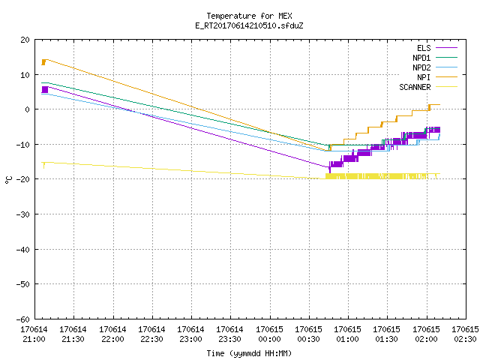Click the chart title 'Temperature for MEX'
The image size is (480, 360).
pos(249,16)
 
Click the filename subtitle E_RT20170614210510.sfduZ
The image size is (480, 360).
pos(249,25)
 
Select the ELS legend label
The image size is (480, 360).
pos(424,48)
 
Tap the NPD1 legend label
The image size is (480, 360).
pos(421,58)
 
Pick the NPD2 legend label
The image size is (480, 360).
pos(421,67)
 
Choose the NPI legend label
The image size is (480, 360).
pos(424,77)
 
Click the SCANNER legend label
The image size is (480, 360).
pos(415,87)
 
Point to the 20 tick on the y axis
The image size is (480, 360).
pos(25,40)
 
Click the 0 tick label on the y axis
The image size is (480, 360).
pos(28,109)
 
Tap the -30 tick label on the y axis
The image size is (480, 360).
pos(23,214)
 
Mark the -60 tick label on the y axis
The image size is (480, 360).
pos(23,319)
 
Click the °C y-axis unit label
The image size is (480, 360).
pos(8,180)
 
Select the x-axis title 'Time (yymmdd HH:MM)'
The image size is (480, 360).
pos(249,353)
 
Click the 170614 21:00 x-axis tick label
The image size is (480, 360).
pos(34,334)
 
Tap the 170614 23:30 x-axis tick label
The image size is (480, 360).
pos(229,334)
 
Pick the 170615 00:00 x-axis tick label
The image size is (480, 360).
pos(269,334)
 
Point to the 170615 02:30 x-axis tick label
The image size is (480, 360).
pos(465,334)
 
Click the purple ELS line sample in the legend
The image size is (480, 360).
pos(446,48)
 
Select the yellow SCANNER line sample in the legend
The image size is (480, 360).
pos(446,87)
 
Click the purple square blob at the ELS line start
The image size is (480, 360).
pos(45,90)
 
